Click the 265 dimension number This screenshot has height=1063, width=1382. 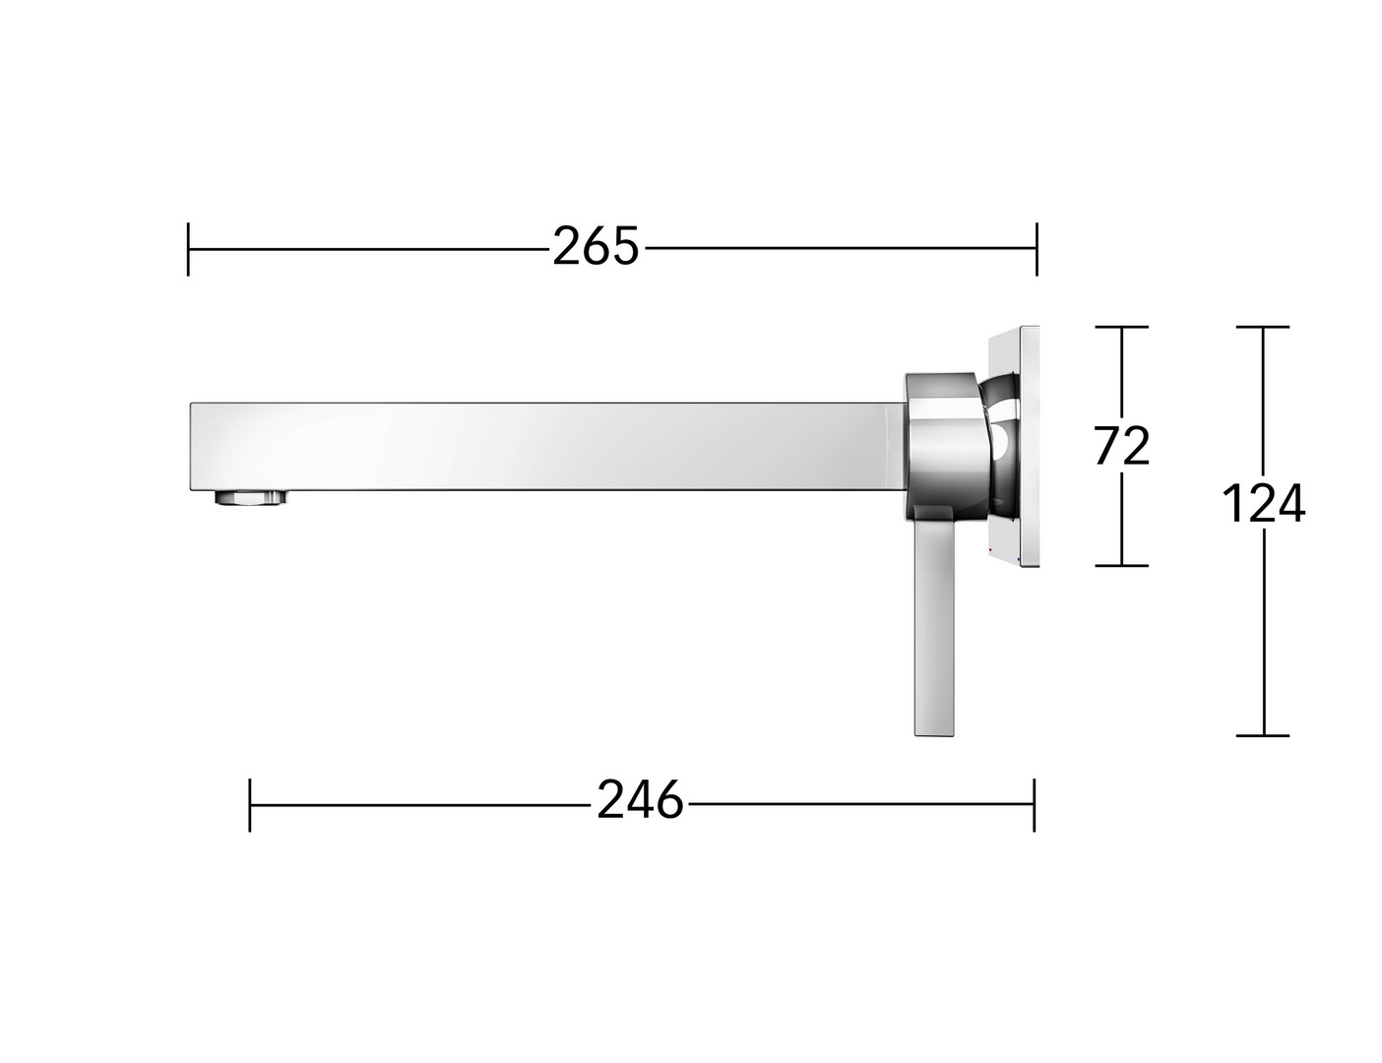595,247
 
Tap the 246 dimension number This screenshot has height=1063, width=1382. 640,800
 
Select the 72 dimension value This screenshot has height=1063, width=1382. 1121,446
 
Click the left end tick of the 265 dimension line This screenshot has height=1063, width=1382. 188,249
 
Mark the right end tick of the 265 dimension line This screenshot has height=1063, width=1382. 1036,249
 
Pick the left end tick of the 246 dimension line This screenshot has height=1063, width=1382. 250,804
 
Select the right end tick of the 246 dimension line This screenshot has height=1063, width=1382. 1035,804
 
